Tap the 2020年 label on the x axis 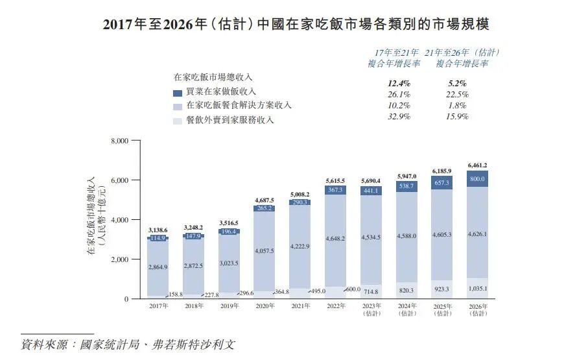pos(264,306)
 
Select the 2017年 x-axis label pos(158,306)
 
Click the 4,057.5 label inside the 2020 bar pos(264,250)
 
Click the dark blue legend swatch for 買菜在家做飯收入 pos(178,92)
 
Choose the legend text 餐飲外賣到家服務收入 pos(230,120)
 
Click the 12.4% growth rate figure pos(399,83)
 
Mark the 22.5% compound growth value pos(458,94)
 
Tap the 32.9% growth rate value pos(399,117)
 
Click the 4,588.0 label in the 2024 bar pos(406,236)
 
